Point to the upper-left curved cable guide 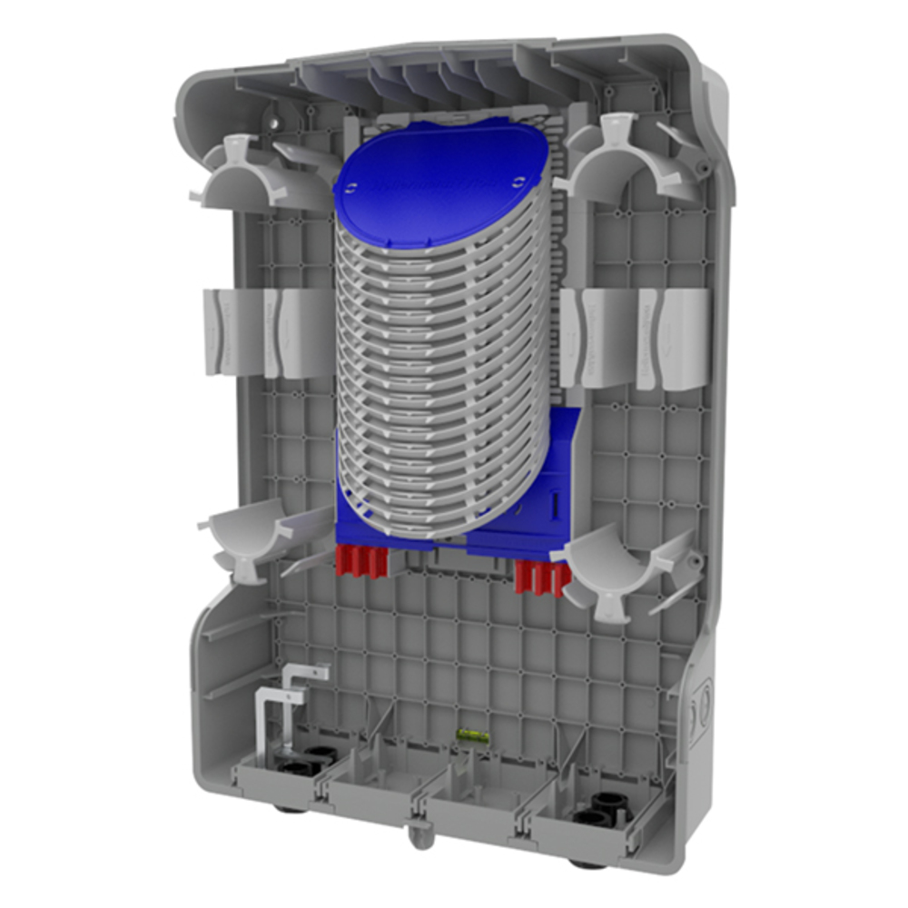tap(245, 177)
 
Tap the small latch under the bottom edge tap(419, 832)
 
